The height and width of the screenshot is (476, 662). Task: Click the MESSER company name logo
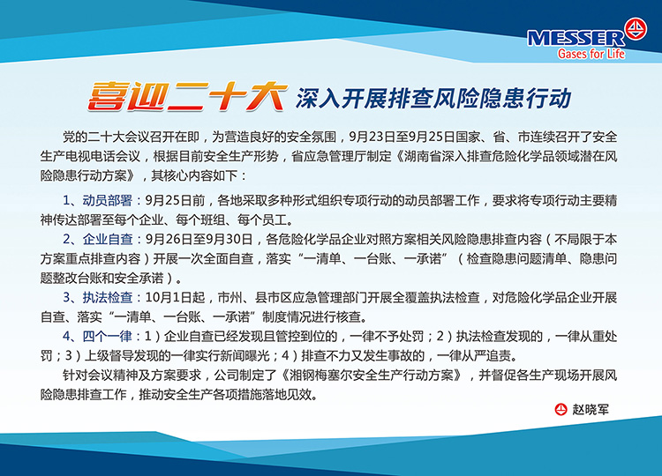click(575, 39)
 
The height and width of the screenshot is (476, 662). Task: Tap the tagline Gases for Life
click(591, 54)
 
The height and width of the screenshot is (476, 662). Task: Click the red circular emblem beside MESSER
click(636, 29)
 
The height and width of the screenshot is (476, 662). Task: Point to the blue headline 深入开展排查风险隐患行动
click(433, 98)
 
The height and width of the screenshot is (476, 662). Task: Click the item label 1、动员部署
click(97, 200)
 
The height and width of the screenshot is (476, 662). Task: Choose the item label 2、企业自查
click(97, 239)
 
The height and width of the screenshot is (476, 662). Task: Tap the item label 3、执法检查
click(97, 297)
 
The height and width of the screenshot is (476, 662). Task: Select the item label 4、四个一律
click(97, 336)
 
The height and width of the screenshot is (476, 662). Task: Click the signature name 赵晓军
click(591, 409)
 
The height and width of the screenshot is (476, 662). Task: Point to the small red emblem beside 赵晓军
click(560, 409)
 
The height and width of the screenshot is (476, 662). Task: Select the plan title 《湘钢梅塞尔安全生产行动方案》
click(372, 375)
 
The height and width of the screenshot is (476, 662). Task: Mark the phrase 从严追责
click(486, 355)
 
